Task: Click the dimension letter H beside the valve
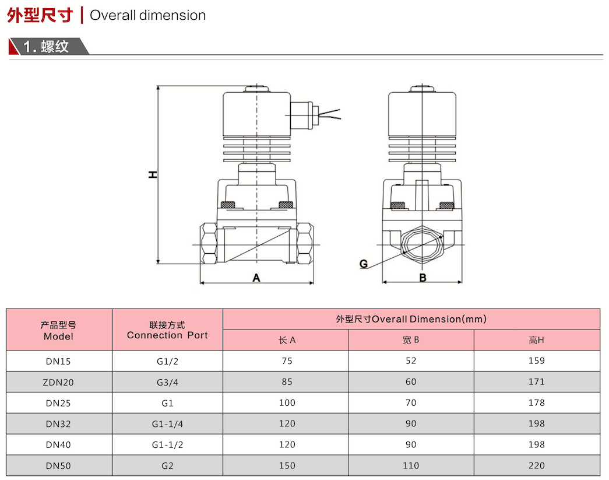pyautogui.click(x=153, y=174)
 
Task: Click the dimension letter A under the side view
pyautogui.click(x=256, y=278)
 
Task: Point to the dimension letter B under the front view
pyautogui.click(x=423, y=278)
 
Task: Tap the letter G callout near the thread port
pyautogui.click(x=364, y=264)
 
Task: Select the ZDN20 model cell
pyautogui.click(x=58, y=383)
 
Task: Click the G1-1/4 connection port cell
pyautogui.click(x=167, y=424)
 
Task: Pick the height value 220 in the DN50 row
pyautogui.click(x=536, y=465)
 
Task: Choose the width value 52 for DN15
pyautogui.click(x=411, y=360)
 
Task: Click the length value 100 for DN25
pyautogui.click(x=287, y=402)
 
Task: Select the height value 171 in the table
pyautogui.click(x=536, y=381)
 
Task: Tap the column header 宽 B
pyautogui.click(x=411, y=340)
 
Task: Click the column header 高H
pyautogui.click(x=536, y=340)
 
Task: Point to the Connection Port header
pyautogui.click(x=167, y=335)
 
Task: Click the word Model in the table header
pyautogui.click(x=58, y=337)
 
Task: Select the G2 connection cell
pyautogui.click(x=167, y=465)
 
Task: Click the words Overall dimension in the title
pyautogui.click(x=147, y=16)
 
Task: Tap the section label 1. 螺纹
pyautogui.click(x=46, y=47)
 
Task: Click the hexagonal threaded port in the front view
pyautogui.click(x=422, y=245)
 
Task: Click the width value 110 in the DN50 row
pyautogui.click(x=411, y=465)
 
